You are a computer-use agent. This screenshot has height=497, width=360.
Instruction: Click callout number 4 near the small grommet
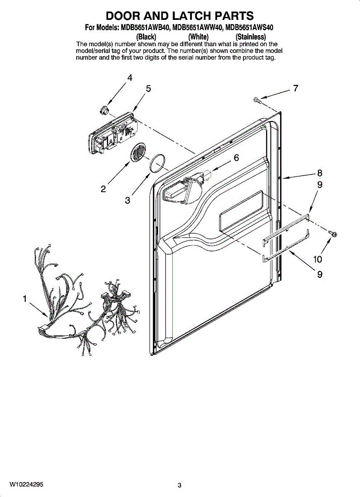(x=130, y=78)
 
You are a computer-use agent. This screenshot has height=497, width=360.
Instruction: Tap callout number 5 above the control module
(x=148, y=89)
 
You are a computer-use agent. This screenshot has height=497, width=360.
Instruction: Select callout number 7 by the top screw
(x=295, y=88)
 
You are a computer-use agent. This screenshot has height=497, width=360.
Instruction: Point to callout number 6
(x=237, y=158)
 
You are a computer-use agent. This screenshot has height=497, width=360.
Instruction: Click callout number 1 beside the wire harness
(x=25, y=299)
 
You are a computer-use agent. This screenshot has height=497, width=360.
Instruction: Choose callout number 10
(x=317, y=259)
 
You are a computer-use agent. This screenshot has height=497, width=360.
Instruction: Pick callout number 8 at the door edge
(x=319, y=173)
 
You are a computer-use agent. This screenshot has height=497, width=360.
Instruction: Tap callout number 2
(x=103, y=189)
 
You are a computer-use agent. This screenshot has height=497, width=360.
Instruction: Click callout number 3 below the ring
(x=128, y=200)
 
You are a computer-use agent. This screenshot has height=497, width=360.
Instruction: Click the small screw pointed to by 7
(x=257, y=100)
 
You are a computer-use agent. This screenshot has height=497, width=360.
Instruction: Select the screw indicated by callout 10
(x=333, y=233)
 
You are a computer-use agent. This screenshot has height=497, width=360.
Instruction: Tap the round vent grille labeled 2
(x=138, y=151)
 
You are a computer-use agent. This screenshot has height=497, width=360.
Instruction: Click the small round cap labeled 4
(x=104, y=110)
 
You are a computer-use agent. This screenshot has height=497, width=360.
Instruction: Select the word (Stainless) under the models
(x=251, y=36)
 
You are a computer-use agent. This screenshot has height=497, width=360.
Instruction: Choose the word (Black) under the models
(x=146, y=36)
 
